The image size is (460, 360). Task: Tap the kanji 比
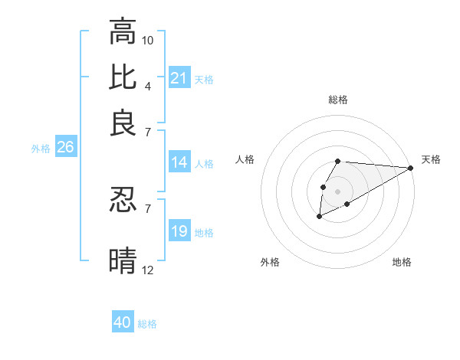tap(123, 77)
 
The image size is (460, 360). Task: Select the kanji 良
tap(123, 123)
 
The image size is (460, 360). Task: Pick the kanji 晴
tap(123, 260)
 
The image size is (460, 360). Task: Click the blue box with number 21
tap(179, 78)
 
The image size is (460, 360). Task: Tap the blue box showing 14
tap(179, 162)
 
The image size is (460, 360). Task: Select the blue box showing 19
tap(179, 231)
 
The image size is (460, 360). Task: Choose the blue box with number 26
tap(65, 148)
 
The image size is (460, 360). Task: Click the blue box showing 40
tap(123, 322)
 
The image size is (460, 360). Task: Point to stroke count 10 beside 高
tap(148, 40)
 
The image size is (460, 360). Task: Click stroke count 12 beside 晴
tap(148, 269)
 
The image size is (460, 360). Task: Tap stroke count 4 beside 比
tap(147, 86)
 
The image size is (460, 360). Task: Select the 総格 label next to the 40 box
tap(147, 324)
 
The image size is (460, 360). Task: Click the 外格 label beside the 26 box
tap(40, 149)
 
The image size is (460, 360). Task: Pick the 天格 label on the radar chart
tap(431, 159)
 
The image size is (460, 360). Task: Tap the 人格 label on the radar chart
tap(245, 159)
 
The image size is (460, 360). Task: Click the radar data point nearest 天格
tap(410, 168)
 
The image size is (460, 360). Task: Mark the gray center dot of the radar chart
tap(337, 190)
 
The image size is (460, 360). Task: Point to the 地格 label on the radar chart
tap(402, 262)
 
